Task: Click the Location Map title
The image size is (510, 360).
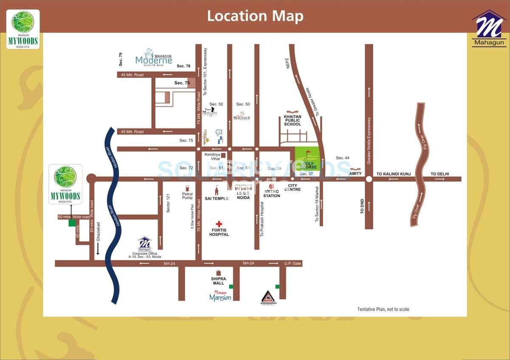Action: tap(255, 16)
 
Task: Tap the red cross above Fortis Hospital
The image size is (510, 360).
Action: tap(219, 224)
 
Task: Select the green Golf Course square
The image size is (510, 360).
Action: tap(307, 159)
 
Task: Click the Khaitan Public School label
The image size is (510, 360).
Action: tap(292, 120)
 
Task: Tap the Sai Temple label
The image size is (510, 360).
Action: tap(216, 198)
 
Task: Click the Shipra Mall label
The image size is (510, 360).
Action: tap(218, 281)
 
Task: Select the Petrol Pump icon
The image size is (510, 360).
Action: tap(187, 188)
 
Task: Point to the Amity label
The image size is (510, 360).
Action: tap(355, 173)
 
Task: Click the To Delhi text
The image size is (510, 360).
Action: tap(439, 174)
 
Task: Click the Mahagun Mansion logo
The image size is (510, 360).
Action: tap(220, 296)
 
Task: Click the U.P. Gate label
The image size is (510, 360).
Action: tap(293, 264)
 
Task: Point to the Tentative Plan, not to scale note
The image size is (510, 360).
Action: tap(383, 309)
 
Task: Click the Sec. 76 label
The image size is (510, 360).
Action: tap(182, 83)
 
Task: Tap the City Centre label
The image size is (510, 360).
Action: tap(294, 187)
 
